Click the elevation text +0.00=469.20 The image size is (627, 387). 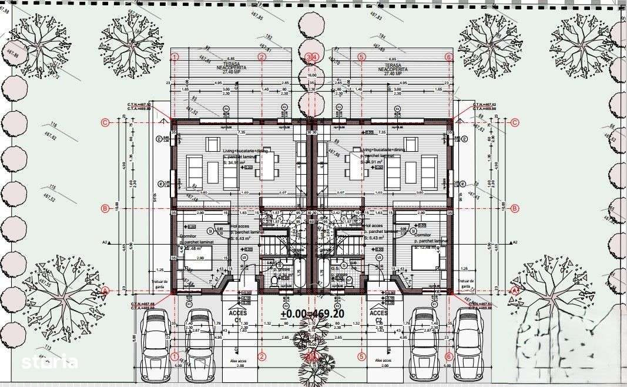tap(312, 314)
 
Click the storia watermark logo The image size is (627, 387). tap(49, 361)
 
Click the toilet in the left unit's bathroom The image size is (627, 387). tap(274, 282)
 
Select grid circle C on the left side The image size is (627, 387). tap(105, 123)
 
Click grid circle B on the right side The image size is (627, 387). tap(515, 208)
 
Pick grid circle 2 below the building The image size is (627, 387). tap(263, 356)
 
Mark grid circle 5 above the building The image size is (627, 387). tap(361, 57)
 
